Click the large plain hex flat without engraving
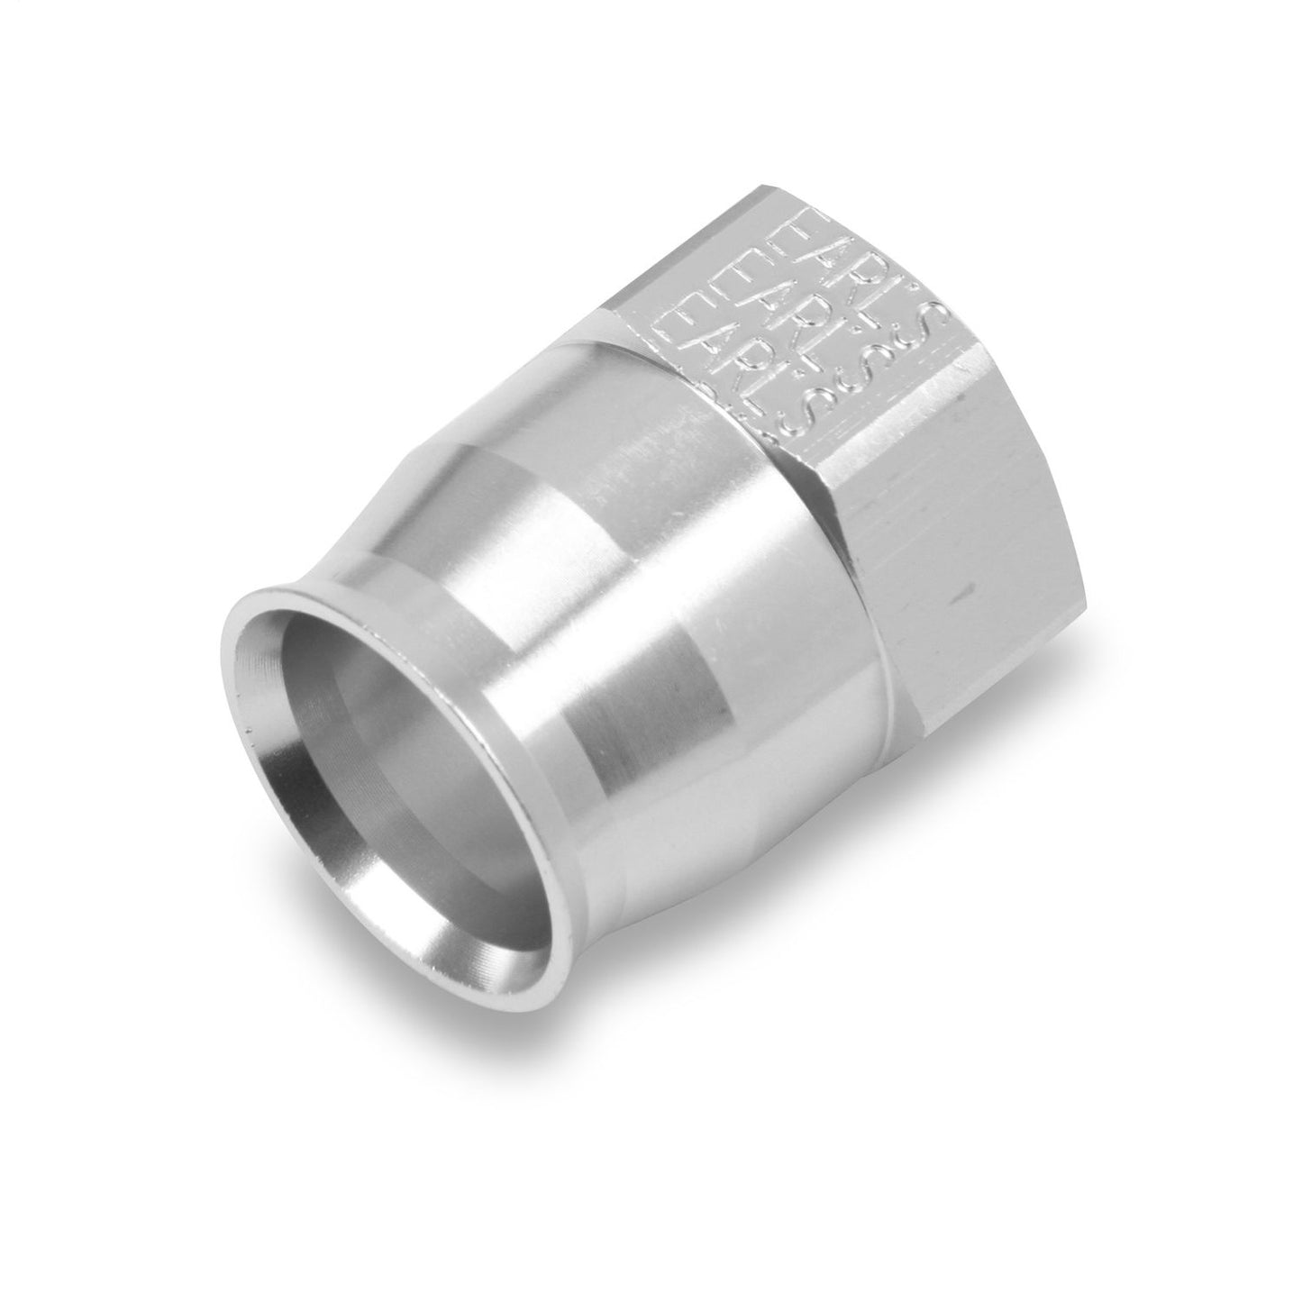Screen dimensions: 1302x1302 [x=955, y=577]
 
